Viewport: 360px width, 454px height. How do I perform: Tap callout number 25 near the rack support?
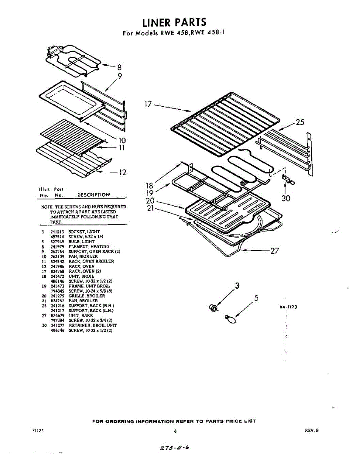point(299,122)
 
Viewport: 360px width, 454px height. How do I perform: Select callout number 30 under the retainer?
point(286,198)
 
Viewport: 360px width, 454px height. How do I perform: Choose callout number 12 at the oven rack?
point(122,173)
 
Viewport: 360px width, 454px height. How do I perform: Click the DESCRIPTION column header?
point(93,195)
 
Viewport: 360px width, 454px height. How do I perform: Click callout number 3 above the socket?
point(237,286)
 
